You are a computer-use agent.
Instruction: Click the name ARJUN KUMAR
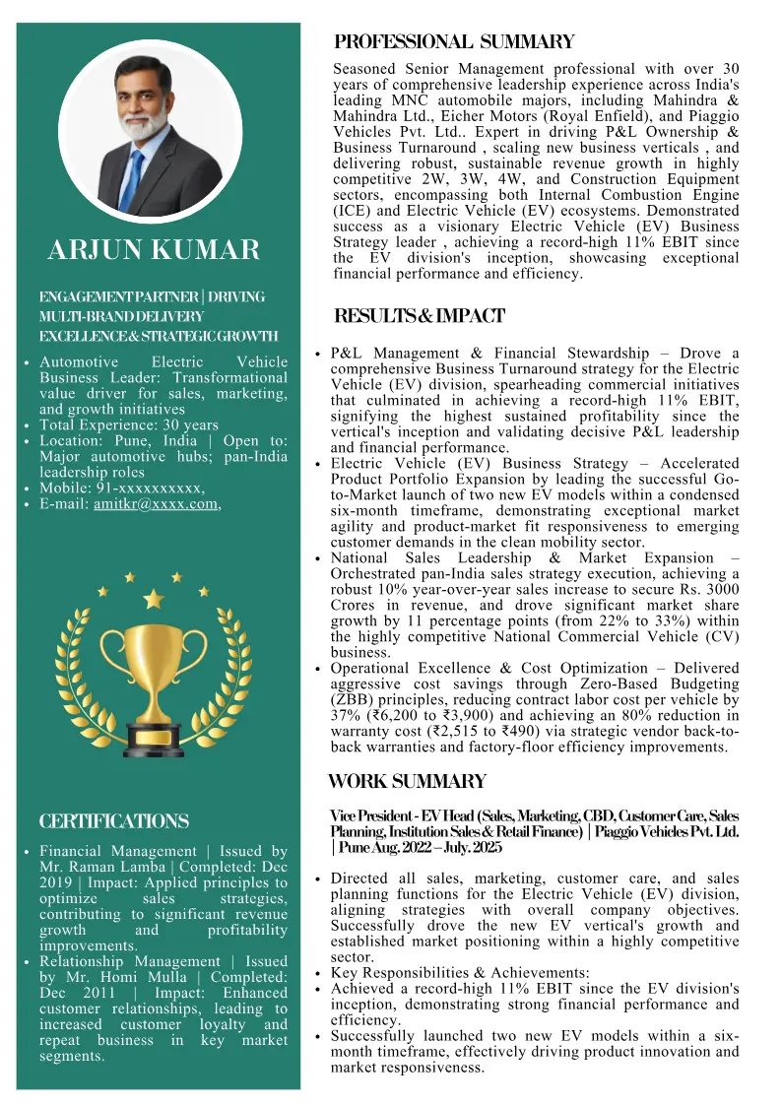pos(154,250)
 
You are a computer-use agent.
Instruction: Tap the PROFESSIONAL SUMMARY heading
pos(454,42)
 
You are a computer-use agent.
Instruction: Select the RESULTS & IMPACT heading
pos(420,316)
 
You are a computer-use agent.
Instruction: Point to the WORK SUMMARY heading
pos(407,782)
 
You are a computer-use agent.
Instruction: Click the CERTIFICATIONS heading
pos(113,821)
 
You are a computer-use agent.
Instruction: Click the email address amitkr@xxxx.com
pos(156,504)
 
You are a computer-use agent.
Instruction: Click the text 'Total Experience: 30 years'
pos(129,425)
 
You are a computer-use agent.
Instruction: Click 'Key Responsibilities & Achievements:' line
pos(460,973)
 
